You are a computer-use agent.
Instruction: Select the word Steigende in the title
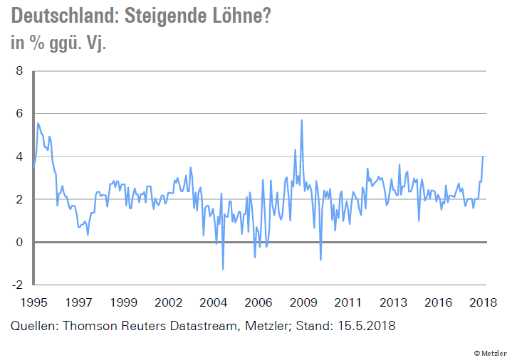click(164, 16)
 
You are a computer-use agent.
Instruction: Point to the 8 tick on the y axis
click(19, 71)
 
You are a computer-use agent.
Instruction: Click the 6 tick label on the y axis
click(19, 114)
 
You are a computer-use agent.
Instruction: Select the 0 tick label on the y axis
click(19, 242)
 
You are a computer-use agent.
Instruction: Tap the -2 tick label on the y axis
click(17, 285)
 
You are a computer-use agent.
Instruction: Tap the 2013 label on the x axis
click(393, 302)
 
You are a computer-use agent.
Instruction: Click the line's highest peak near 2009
click(302, 120)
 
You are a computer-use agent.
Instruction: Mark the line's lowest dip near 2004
click(223, 269)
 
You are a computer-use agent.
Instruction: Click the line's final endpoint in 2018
click(483, 157)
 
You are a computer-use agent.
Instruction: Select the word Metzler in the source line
click(265, 326)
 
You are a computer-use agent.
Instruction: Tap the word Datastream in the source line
click(200, 326)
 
